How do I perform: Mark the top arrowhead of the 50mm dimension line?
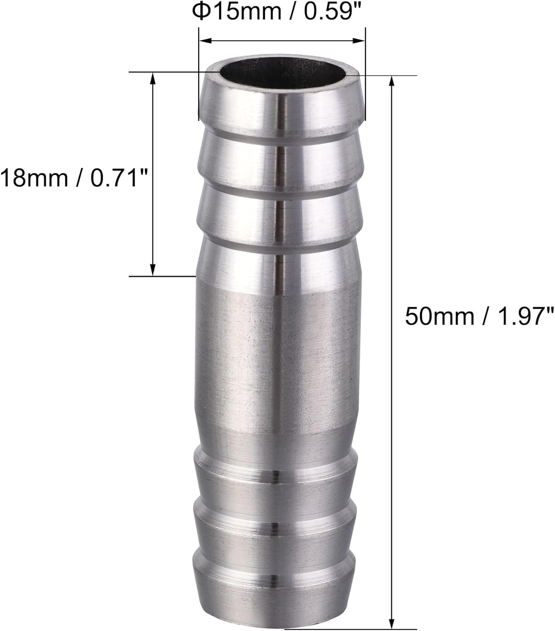click(x=393, y=82)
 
